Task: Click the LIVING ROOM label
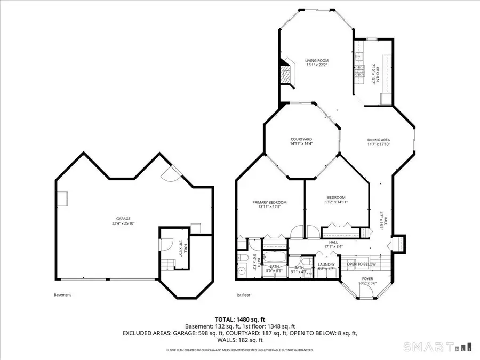(x=316, y=61)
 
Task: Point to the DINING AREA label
(x=379, y=140)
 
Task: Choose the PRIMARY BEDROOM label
(x=269, y=202)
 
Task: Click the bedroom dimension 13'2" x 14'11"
(x=336, y=202)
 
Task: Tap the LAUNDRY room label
(x=326, y=265)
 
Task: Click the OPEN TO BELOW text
(x=362, y=264)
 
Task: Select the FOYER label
(x=367, y=278)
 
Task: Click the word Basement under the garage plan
(x=62, y=295)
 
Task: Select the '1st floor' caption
(x=243, y=295)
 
